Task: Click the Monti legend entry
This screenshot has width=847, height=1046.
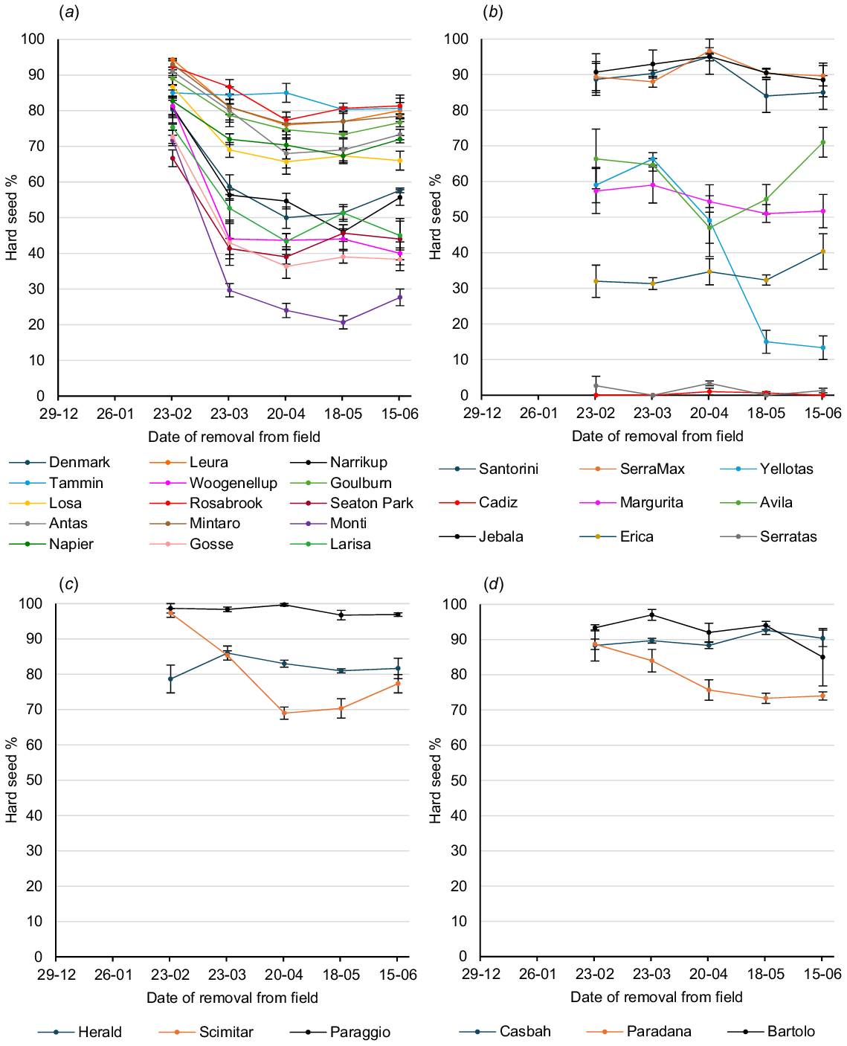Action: pos(348,524)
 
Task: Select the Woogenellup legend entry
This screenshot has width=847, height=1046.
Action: pos(233,484)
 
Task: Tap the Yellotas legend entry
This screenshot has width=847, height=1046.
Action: pos(786,469)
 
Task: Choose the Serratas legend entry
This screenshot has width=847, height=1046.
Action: pos(788,537)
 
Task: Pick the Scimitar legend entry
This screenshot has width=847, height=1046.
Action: pos(225,1032)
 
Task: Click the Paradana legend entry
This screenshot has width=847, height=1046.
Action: pos(658,1032)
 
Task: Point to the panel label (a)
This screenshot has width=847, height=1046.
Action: pos(69,13)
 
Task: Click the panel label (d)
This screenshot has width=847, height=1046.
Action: pos(494,584)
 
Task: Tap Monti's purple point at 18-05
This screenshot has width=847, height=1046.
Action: pos(343,322)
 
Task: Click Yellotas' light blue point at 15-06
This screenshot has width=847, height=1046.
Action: pos(823,347)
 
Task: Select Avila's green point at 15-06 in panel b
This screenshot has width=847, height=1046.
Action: pos(823,142)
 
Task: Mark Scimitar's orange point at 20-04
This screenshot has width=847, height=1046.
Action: pos(284,713)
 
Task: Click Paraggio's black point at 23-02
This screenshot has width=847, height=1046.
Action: pos(171,609)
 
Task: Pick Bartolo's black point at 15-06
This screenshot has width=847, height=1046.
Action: pos(822,657)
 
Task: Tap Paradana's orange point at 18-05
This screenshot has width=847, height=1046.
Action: pos(766,698)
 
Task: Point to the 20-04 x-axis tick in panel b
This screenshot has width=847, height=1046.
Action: pos(709,413)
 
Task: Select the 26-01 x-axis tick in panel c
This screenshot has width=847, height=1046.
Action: pos(114,975)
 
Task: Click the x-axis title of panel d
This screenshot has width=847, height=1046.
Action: pos(656,997)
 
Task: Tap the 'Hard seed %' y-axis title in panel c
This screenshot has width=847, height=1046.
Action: pos(12,780)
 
